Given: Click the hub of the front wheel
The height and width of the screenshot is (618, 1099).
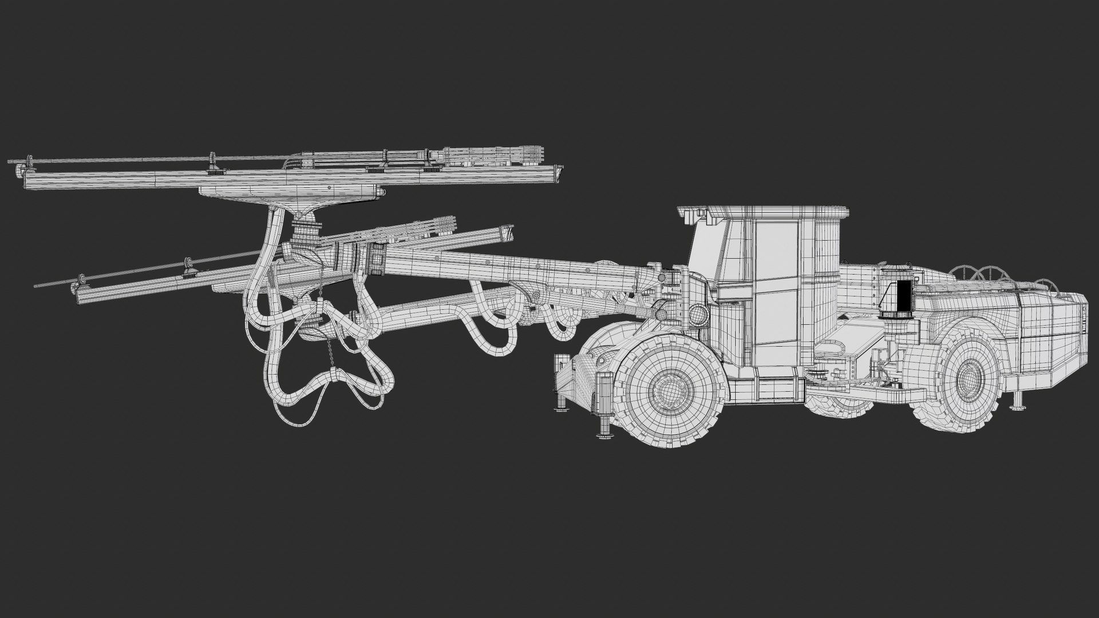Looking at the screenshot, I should (666, 391).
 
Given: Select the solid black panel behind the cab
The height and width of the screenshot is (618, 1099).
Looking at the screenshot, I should (903, 299).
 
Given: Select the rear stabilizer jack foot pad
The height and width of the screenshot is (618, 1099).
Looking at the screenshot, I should (1017, 407).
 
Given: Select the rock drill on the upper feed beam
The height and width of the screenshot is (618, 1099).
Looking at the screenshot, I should (487, 155).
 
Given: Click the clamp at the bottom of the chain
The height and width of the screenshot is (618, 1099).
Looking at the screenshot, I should (331, 376).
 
